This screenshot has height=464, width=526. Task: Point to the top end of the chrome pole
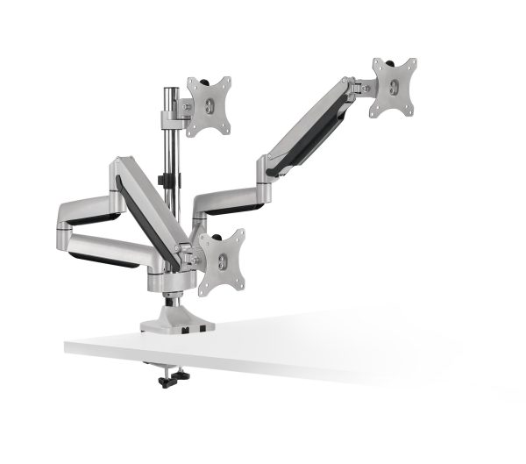pyautogui.click(x=167, y=89)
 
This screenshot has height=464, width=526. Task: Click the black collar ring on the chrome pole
pyautogui.click(x=166, y=182)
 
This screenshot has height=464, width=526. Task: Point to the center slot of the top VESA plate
pyautogui.click(x=210, y=105)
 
